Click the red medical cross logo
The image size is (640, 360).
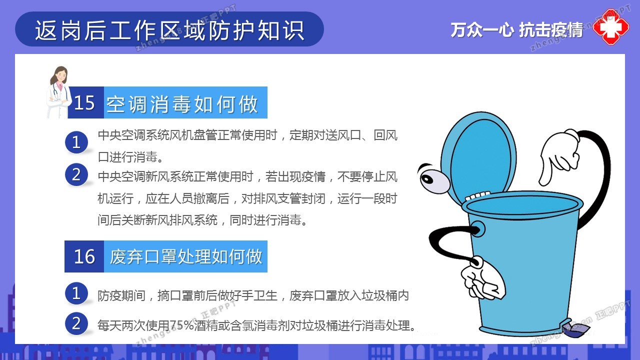point(611,27)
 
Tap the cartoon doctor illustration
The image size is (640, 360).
point(58,92)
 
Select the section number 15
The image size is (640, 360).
point(84,102)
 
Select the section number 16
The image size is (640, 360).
point(84,256)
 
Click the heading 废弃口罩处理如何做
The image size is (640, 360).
point(186,256)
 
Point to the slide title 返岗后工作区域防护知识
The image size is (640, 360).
point(169,30)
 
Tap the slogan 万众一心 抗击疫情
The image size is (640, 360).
point(516,29)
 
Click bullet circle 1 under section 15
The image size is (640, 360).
point(76,142)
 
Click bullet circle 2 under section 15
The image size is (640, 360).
point(76,174)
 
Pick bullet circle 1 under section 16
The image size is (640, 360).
point(76,293)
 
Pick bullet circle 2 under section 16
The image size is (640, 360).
point(76,323)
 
